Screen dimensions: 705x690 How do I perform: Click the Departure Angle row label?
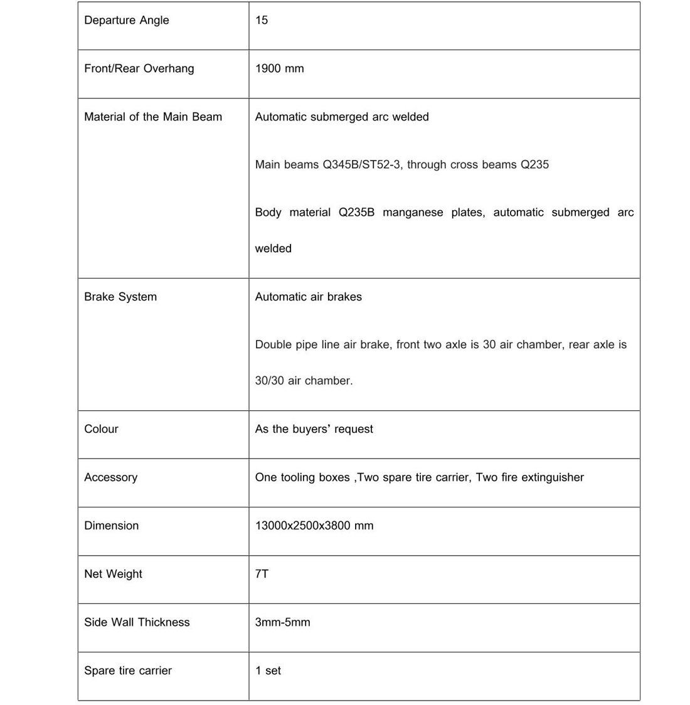(x=127, y=20)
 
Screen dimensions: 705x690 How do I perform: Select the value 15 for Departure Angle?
(x=262, y=20)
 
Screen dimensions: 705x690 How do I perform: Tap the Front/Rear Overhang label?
(x=139, y=68)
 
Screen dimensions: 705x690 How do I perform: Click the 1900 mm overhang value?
(x=279, y=68)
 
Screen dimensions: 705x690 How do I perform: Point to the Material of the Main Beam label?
(x=153, y=117)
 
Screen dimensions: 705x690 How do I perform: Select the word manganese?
(x=413, y=212)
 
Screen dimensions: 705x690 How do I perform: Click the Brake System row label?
(x=120, y=297)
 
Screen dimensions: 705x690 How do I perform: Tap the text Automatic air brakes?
(x=308, y=297)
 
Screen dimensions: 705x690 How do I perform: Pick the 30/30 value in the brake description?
(x=269, y=381)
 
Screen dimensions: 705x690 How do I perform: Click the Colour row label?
(x=101, y=429)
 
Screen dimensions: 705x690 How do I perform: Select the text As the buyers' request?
(x=314, y=429)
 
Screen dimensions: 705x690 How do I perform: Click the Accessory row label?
(x=110, y=477)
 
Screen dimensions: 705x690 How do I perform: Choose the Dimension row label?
(x=111, y=526)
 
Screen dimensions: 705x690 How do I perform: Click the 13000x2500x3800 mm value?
(x=314, y=526)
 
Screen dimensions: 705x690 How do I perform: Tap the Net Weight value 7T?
(x=262, y=574)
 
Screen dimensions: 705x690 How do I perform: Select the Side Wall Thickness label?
(x=137, y=622)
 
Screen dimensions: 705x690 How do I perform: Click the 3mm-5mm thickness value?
(x=282, y=622)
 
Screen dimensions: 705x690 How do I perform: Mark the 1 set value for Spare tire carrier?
(x=268, y=671)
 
